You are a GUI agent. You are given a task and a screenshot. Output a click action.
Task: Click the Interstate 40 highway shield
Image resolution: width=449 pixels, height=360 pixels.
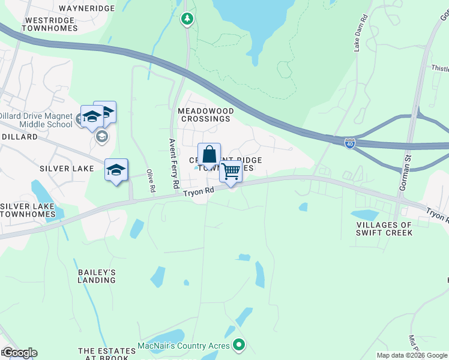[x=350, y=143]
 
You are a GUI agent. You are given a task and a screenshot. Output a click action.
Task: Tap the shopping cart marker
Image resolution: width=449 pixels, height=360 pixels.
[x=231, y=172]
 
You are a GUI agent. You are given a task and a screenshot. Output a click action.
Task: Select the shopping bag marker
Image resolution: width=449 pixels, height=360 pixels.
[x=209, y=155]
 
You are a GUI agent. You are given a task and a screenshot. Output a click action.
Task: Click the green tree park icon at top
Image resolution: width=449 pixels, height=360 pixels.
[x=187, y=19]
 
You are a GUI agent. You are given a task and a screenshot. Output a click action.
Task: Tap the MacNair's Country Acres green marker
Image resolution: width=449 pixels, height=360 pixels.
[x=239, y=345]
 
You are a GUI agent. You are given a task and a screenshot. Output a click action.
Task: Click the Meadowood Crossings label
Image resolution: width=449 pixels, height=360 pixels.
[x=204, y=115]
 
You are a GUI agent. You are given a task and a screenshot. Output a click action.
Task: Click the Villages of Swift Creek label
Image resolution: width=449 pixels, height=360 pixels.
[x=384, y=229]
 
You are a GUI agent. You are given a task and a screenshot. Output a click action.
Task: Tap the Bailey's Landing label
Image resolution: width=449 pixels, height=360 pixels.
[x=97, y=276]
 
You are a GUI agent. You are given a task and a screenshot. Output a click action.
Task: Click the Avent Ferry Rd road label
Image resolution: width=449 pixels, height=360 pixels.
[x=173, y=162]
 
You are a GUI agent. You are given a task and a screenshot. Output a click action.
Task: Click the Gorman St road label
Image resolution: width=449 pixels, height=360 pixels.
[x=403, y=175]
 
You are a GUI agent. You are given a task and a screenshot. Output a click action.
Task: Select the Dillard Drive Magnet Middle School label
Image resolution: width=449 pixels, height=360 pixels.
[x=36, y=120]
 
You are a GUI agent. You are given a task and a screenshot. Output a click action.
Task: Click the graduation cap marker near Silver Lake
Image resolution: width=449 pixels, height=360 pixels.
[x=116, y=170]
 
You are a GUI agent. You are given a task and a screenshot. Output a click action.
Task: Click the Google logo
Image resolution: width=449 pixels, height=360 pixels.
[x=20, y=353]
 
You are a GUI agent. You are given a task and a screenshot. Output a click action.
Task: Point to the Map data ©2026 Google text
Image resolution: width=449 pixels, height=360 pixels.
[x=412, y=355]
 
